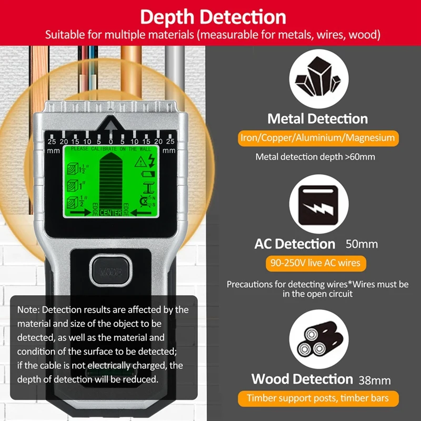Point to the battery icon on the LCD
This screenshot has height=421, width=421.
(x=149, y=174)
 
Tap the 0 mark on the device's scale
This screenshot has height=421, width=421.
(x=111, y=142)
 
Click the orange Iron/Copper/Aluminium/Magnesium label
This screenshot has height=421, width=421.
(x=317, y=138)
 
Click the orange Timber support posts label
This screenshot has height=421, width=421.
(x=317, y=398)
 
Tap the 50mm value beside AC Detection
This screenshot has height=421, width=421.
(x=362, y=244)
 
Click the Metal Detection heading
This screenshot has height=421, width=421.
(x=317, y=118)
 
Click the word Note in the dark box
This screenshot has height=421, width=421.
(x=27, y=310)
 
